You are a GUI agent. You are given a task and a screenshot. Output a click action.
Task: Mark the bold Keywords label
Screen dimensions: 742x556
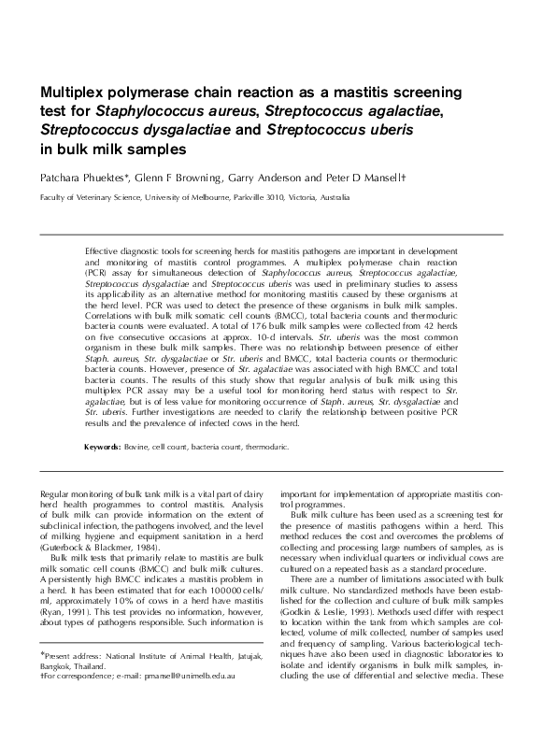pyautogui.click(x=103, y=447)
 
